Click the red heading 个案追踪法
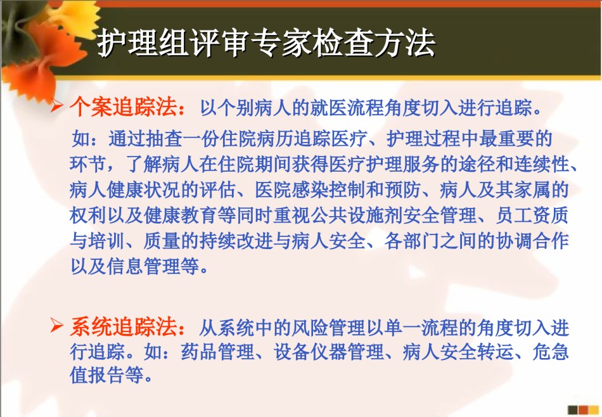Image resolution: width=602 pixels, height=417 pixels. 123,106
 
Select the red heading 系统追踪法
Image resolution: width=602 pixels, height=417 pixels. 123,327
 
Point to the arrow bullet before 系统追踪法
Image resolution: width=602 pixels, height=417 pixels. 56,326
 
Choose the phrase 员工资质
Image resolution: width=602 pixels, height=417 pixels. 532,215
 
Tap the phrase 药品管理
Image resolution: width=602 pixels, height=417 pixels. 218,352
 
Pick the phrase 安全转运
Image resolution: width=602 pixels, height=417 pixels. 477,352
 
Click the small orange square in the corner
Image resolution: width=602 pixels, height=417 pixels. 584,410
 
